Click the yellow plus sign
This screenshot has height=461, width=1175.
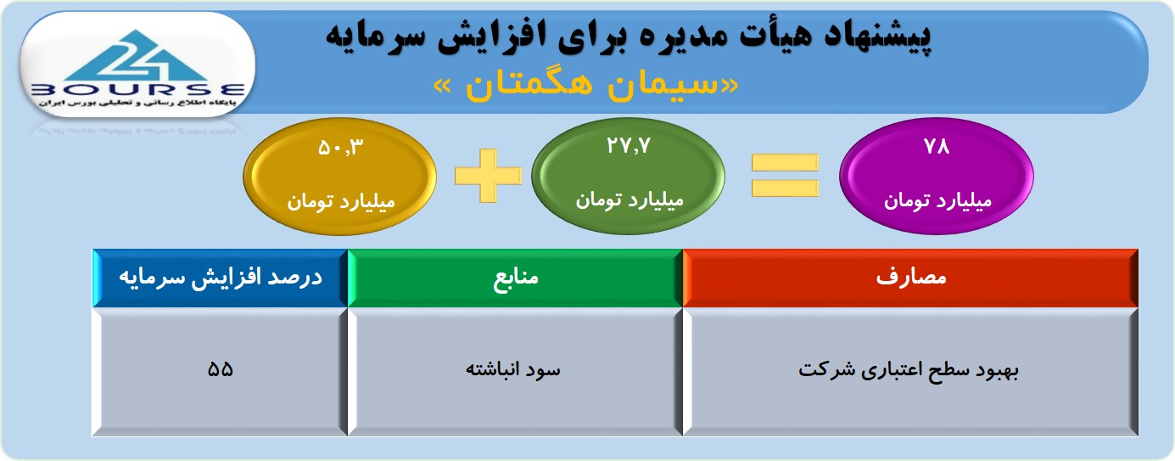click(x=488, y=176)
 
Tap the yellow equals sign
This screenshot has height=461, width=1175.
click(x=785, y=176)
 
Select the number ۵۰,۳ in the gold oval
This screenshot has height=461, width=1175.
click(x=340, y=148)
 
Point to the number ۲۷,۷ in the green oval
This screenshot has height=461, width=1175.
click(x=629, y=145)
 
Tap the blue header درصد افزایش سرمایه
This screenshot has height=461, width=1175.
click(x=221, y=278)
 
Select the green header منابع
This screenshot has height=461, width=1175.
click(x=515, y=278)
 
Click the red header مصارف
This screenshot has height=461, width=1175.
click(x=910, y=278)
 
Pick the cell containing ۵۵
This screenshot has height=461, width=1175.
click(x=221, y=371)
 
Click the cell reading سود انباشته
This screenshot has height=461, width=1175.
click(x=515, y=371)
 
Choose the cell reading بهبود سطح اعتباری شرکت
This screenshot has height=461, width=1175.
click(x=910, y=371)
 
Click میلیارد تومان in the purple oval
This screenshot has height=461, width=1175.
click(x=937, y=201)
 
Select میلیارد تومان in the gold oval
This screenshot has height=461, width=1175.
click(x=340, y=202)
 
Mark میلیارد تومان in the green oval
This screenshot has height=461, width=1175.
click(x=629, y=200)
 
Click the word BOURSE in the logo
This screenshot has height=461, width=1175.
click(x=137, y=90)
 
